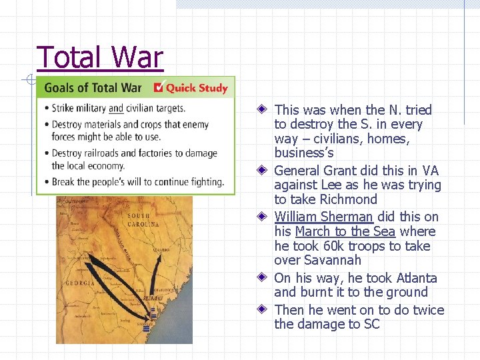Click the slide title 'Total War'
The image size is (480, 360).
tap(100, 58)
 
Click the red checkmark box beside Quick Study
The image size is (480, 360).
tap(159, 87)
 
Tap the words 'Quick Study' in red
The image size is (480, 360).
tap(197, 88)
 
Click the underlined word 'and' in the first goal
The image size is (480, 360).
tap(116, 109)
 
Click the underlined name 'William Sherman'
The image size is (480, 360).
tap(323, 217)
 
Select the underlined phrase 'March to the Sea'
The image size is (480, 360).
tap(345, 231)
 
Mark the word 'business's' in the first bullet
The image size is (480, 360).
tap(304, 153)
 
